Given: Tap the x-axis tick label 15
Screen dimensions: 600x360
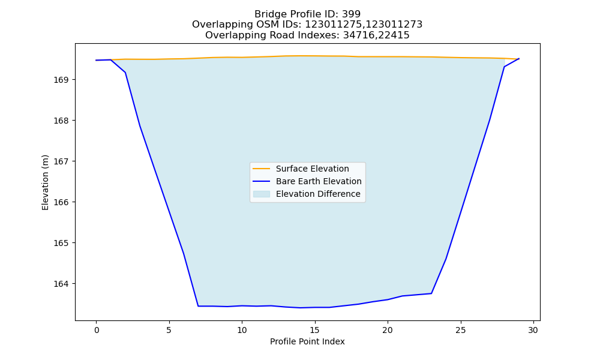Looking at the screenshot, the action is [x=315, y=330].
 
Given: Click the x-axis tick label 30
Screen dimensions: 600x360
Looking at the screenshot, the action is [x=533, y=330].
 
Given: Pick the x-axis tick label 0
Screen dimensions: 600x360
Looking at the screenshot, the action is [x=97, y=330].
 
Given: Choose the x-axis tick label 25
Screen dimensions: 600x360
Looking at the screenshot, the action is [x=461, y=330].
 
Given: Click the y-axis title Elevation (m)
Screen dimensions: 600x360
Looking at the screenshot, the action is [x=46, y=182].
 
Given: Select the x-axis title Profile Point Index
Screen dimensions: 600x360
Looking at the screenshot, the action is [x=307, y=341].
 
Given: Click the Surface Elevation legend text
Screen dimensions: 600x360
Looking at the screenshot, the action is [x=312, y=169].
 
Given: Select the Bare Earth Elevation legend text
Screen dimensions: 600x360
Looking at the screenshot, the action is [x=319, y=181].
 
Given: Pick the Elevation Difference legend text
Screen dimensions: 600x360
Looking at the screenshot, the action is [x=318, y=194].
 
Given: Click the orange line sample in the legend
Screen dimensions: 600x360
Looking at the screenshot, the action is [x=262, y=169].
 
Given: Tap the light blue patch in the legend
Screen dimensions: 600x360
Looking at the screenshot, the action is [x=262, y=194].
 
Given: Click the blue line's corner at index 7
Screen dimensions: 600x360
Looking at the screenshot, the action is [x=198, y=306].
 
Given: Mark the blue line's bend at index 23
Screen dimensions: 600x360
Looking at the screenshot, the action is [x=431, y=293].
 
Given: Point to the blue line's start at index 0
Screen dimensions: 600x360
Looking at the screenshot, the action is [x=97, y=60].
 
